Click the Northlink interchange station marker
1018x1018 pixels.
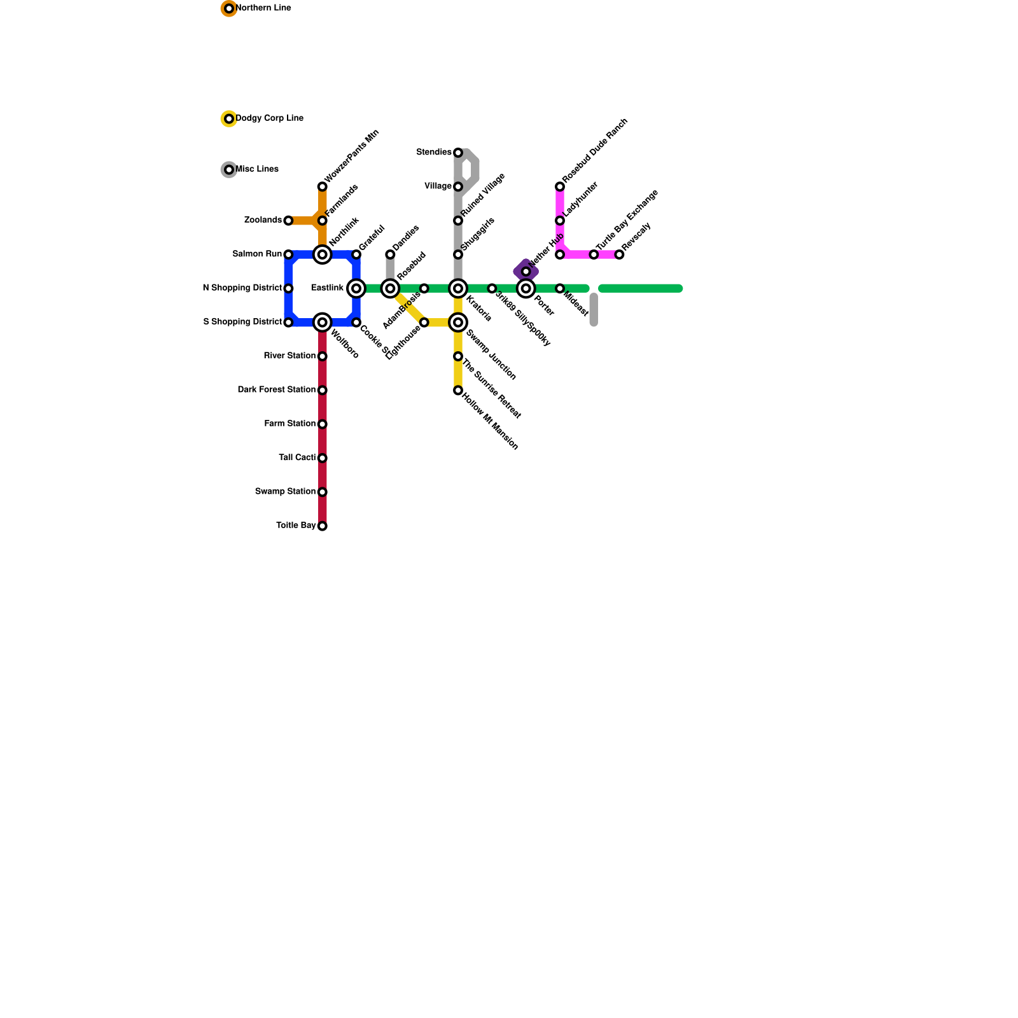[323, 254]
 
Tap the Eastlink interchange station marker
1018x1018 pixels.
[356, 289]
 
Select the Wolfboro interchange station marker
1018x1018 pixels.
[323, 323]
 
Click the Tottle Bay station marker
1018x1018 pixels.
[323, 526]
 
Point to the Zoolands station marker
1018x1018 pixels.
[288, 221]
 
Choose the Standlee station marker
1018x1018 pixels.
[458, 153]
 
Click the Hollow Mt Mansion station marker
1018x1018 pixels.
[458, 391]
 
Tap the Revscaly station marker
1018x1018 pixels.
[619, 254]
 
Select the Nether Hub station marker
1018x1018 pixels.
[526, 272]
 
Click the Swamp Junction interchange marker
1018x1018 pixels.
[458, 323]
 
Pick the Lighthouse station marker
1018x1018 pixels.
[424, 323]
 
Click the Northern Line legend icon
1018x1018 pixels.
[229, 8]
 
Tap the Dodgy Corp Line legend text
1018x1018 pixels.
[270, 118]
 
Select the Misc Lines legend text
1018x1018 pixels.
[257, 169]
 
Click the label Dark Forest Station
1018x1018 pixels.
[277, 389]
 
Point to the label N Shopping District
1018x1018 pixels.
[242, 288]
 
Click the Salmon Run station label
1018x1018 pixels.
[257, 254]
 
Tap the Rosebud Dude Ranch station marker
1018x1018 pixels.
[560, 186]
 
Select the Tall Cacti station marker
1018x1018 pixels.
[323, 458]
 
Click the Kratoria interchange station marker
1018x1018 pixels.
[458, 289]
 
